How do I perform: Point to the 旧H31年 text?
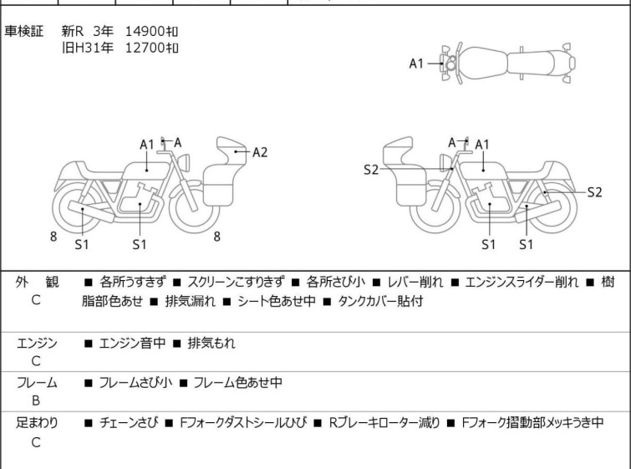click(x=87, y=47)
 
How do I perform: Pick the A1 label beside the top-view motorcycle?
click(x=417, y=64)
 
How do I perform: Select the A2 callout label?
click(x=260, y=151)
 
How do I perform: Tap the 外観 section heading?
click(x=37, y=283)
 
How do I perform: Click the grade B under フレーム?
click(x=36, y=400)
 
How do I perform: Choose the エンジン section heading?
click(x=37, y=343)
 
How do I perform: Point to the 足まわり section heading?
click(x=37, y=423)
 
